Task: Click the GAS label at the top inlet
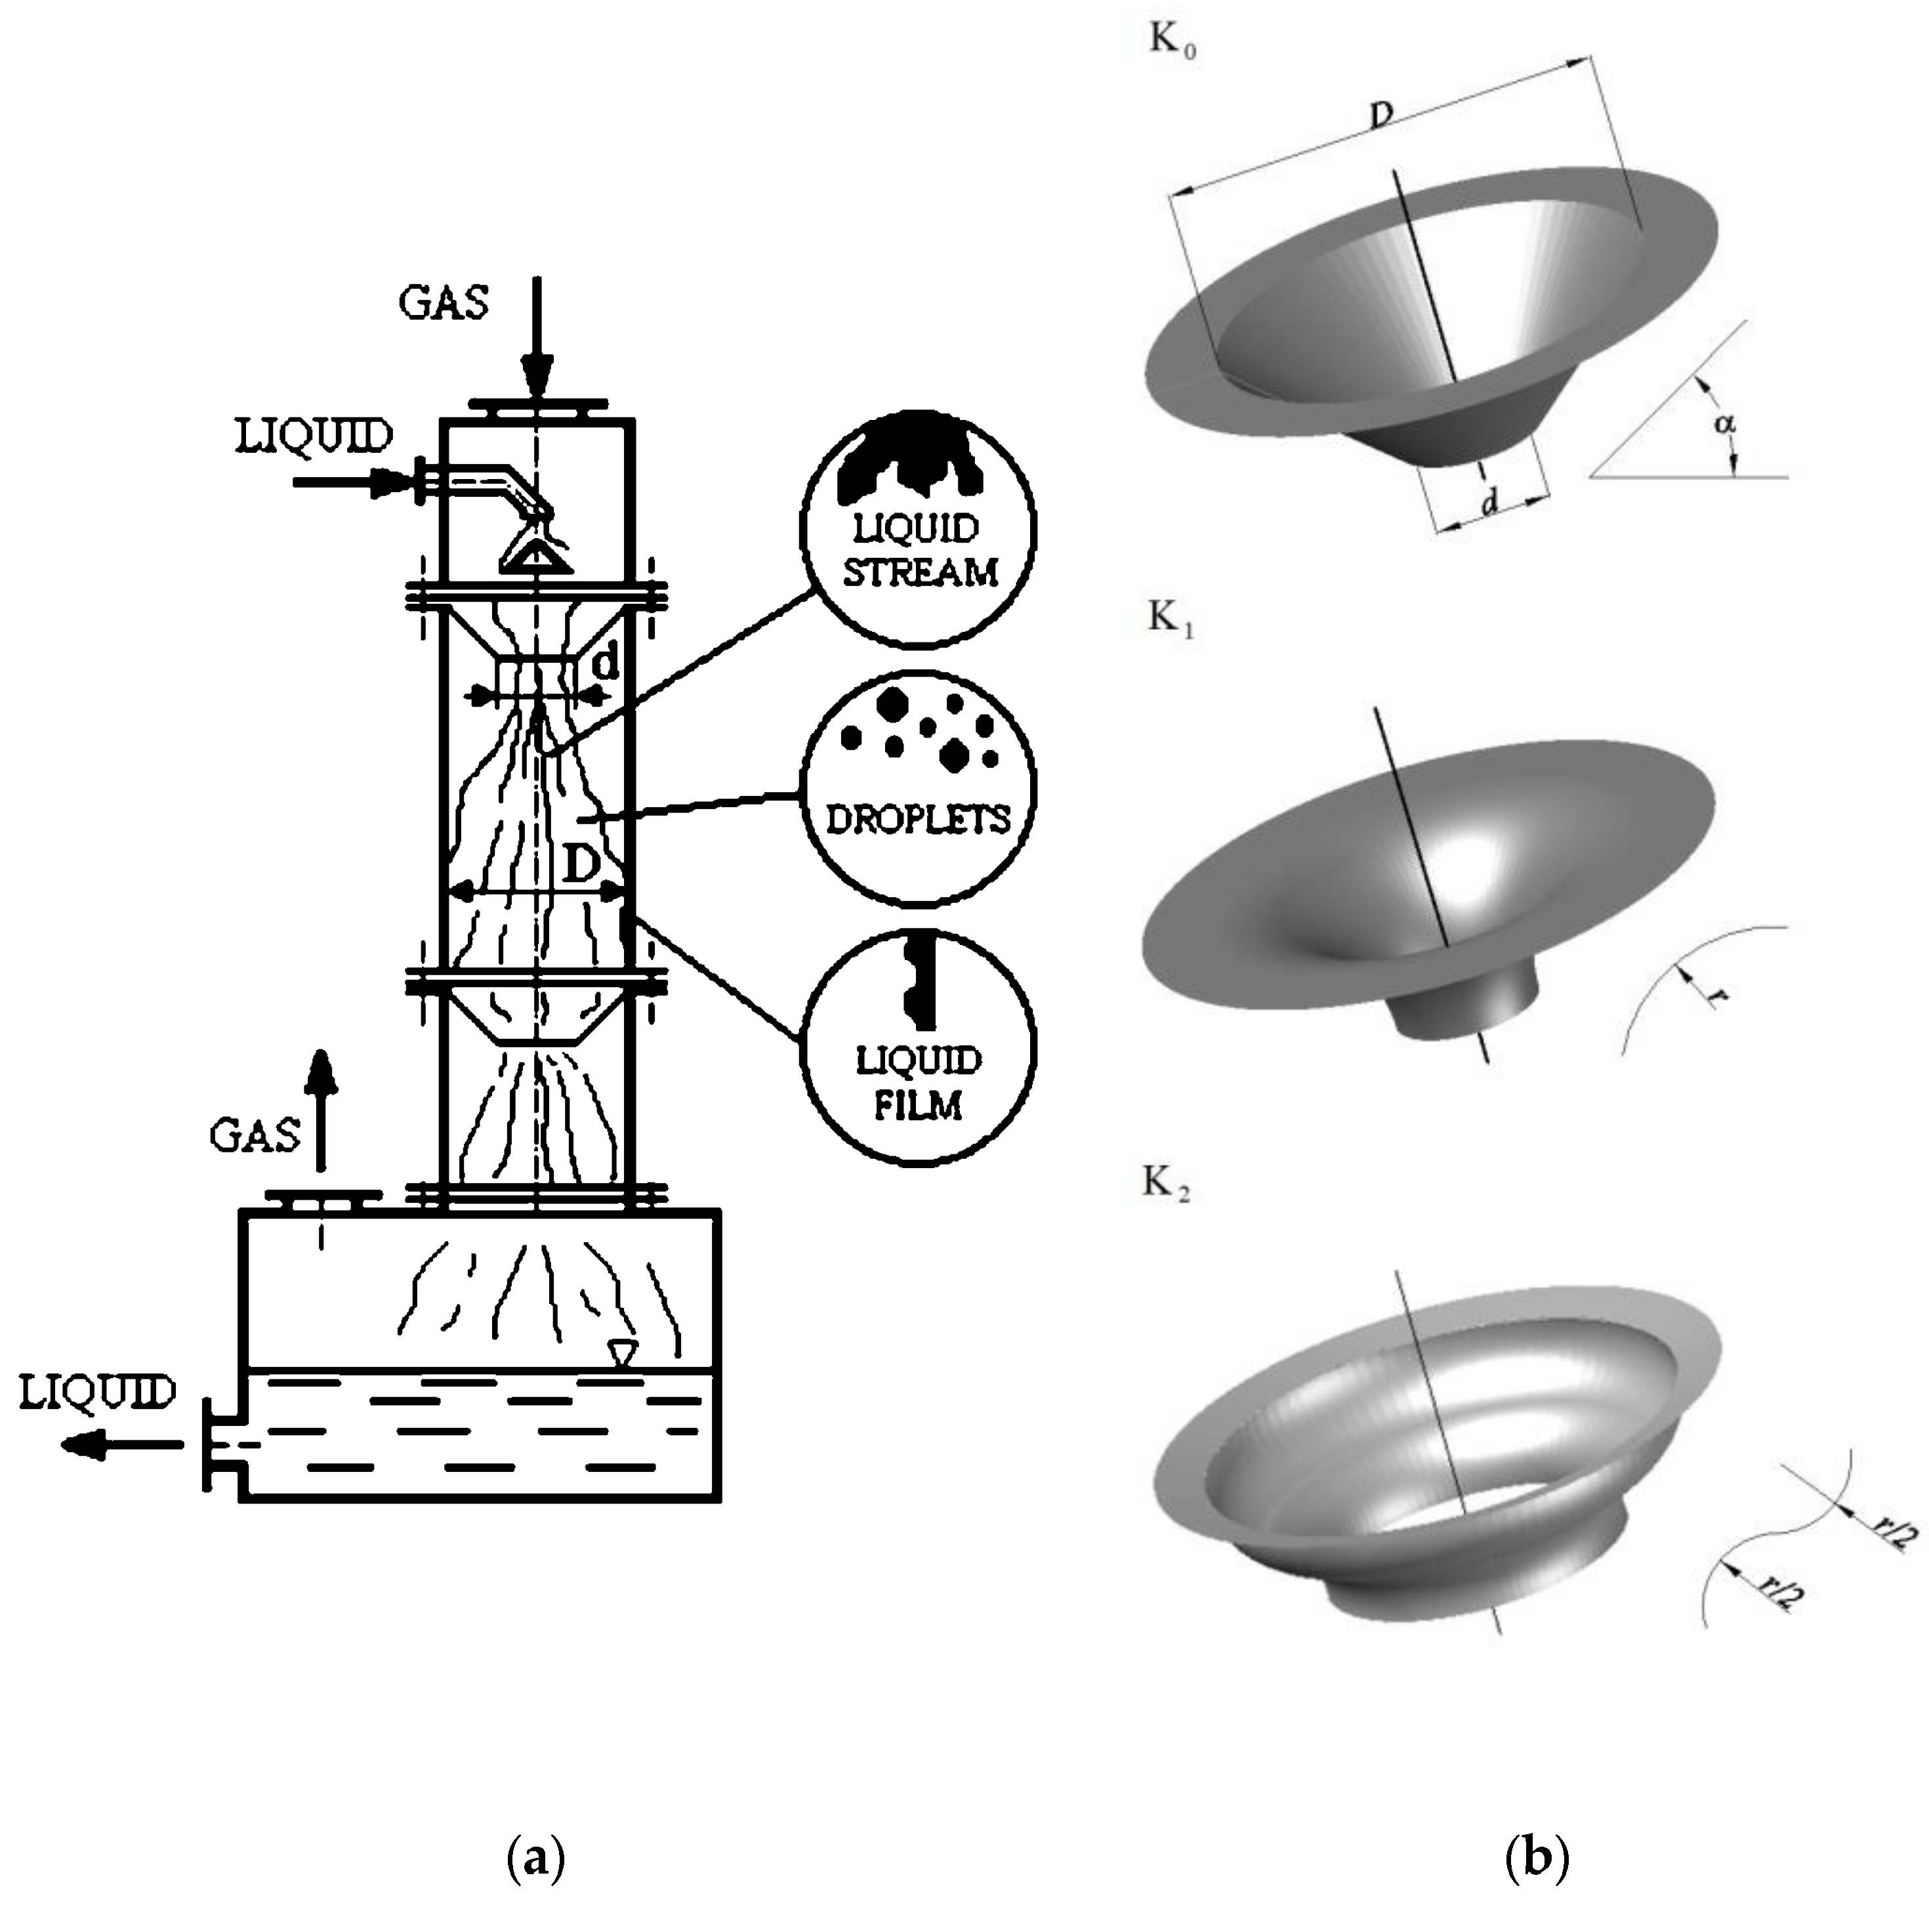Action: [x=444, y=301]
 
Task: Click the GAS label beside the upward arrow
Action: [x=256, y=1135]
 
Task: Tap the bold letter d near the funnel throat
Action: [x=605, y=663]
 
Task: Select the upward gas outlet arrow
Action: [x=320, y=1108]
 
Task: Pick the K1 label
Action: [x=1170, y=618]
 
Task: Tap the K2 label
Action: [x=1165, y=1184]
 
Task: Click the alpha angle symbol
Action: [x=1724, y=423]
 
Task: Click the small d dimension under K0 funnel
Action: [x=1489, y=504]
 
